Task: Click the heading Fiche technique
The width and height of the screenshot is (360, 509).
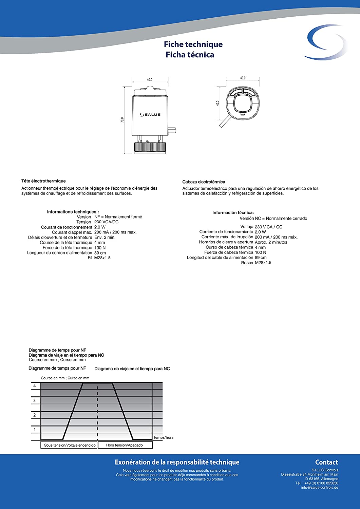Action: tap(193, 44)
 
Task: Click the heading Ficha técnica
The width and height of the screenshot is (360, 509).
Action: tap(190, 55)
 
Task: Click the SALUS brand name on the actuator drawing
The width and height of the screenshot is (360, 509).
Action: tap(150, 115)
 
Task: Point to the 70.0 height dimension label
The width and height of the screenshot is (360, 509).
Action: tap(122, 120)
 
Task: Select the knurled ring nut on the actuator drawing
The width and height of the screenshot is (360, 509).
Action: tap(150, 147)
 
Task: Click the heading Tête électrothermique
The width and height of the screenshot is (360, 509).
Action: tap(43, 181)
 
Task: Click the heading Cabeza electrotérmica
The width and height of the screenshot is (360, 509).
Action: tap(204, 182)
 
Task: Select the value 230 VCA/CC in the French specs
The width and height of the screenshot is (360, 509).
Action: tap(106, 222)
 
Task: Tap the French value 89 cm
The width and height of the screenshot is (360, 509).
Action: tap(100, 253)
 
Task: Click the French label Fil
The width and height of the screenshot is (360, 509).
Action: tap(90, 258)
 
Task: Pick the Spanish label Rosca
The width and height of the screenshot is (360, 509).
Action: tap(247, 263)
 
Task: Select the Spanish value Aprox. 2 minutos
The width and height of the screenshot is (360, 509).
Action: tap(271, 242)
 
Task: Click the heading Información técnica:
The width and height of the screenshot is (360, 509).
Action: tap(233, 213)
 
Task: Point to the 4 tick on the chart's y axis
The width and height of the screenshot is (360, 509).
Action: tap(34, 386)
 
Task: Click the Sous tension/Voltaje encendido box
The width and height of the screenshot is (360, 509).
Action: tap(70, 445)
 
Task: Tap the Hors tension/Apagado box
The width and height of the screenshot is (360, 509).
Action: tap(125, 445)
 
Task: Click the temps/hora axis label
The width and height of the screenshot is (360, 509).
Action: tap(164, 437)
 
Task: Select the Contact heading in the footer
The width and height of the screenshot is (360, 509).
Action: tap(326, 462)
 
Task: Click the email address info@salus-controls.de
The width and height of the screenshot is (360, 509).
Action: tap(319, 488)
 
